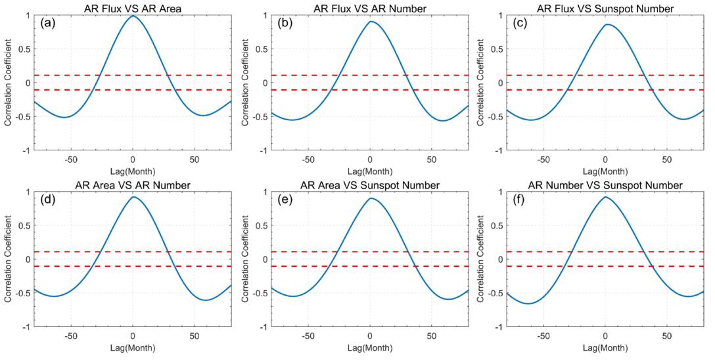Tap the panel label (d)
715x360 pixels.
pos(47,199)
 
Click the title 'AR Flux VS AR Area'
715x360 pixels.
pos(133,8)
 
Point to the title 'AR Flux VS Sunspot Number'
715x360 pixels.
pos(606,8)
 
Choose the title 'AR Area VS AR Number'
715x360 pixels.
pos(133,185)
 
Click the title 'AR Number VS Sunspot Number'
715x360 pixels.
pos(606,185)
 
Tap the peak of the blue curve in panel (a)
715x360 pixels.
pos(133,16)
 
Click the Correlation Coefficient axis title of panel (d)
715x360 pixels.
pos(9,259)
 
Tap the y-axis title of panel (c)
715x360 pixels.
pos(482,83)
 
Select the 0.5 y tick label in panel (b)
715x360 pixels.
pos(262,49)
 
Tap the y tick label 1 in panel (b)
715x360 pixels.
pos(265,15)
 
